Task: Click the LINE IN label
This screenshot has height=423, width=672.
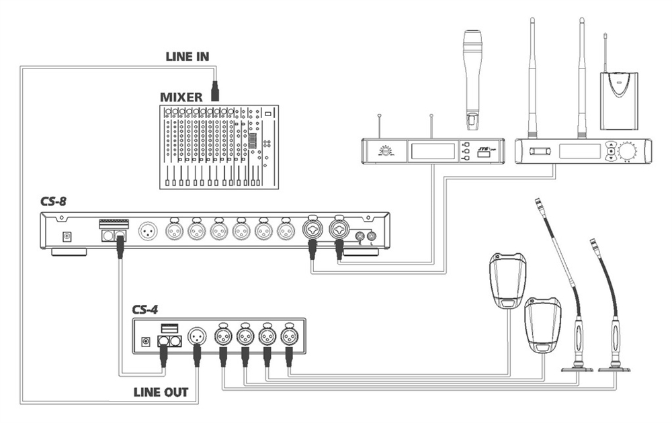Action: point(187,57)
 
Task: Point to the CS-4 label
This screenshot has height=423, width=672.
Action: point(149,310)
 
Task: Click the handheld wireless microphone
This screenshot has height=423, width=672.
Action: point(474,77)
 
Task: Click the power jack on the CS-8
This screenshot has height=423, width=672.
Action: point(67,236)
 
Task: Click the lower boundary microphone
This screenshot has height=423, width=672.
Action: point(540,326)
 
